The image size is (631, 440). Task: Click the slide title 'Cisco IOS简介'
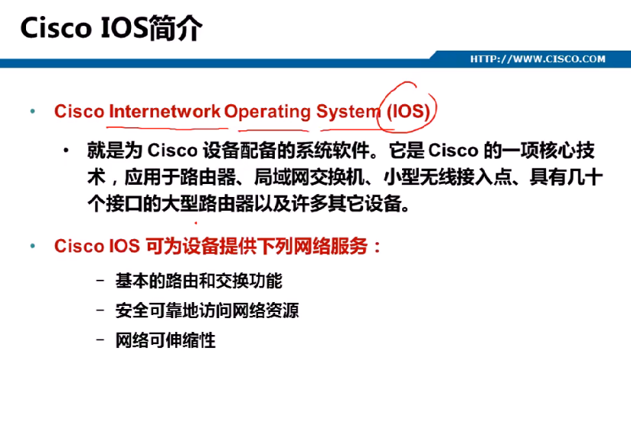click(111, 28)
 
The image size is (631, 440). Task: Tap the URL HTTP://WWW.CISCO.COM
click(538, 59)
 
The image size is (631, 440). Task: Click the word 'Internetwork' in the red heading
click(165, 111)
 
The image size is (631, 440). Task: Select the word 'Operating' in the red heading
click(267, 112)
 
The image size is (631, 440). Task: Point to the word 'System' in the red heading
click(348, 112)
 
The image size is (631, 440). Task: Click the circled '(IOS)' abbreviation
click(408, 111)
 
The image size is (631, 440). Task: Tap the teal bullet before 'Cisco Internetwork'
click(33, 111)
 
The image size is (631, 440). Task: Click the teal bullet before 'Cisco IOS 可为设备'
click(33, 245)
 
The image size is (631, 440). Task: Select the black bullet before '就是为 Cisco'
click(66, 151)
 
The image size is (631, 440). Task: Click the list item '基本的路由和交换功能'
click(199, 281)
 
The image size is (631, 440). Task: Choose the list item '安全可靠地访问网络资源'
click(208, 310)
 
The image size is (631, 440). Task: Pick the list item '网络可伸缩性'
click(165, 340)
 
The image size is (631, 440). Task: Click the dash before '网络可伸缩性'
click(100, 340)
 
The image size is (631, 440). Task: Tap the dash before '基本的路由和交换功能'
click(100, 280)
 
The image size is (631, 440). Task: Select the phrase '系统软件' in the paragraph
click(332, 151)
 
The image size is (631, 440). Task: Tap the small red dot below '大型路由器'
click(196, 222)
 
